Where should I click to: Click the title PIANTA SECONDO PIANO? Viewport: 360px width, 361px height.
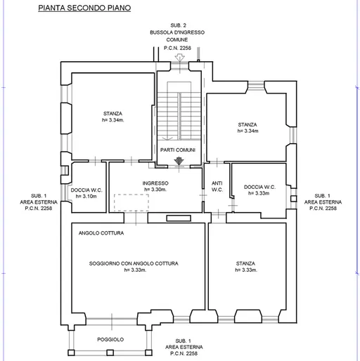[84, 8]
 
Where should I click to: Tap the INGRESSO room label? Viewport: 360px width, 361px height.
[155, 183]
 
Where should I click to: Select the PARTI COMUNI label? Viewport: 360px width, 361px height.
[178, 150]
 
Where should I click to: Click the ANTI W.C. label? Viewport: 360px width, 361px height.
[217, 186]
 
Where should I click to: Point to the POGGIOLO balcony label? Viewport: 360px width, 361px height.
[110, 339]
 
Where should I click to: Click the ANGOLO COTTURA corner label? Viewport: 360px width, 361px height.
[101, 233]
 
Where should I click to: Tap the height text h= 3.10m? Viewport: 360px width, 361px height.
[86, 196]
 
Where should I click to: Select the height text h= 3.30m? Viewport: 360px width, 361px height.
[155, 190]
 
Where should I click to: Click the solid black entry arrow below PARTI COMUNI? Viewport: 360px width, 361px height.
[179, 161]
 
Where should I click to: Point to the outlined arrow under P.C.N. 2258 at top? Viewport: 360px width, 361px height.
[180, 58]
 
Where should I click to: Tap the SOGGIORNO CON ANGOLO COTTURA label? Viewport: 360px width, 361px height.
[134, 263]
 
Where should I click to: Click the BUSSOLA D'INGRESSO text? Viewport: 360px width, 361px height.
[177, 32]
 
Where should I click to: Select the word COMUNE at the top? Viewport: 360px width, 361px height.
[177, 39]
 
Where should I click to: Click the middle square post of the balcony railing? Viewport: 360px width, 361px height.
[110, 353]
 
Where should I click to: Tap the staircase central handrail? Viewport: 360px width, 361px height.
[179, 116]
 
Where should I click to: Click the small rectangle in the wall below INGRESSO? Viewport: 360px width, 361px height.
[179, 218]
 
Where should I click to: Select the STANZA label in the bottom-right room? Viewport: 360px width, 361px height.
[245, 263]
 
